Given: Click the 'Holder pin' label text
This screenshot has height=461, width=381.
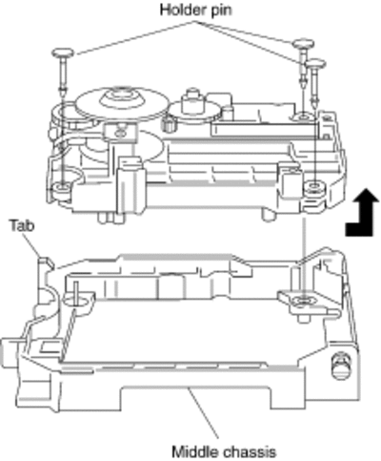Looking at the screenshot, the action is click(x=196, y=10).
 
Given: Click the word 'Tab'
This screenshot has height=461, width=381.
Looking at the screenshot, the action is click(x=22, y=225).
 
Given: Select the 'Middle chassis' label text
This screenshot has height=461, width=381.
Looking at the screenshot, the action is click(x=224, y=451).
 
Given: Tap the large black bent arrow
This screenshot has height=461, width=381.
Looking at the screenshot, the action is click(x=363, y=213).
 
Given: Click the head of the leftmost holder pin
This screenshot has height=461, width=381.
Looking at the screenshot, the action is click(x=63, y=52).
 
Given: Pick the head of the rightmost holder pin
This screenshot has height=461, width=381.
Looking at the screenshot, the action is click(x=315, y=63).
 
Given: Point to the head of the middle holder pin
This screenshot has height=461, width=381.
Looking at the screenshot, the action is click(x=303, y=43).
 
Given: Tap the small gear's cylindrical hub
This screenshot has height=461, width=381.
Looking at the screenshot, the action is click(x=192, y=100).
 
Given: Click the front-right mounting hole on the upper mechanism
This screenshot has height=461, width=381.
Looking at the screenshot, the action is click(x=314, y=185).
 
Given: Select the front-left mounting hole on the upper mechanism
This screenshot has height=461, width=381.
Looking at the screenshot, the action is click(x=62, y=186).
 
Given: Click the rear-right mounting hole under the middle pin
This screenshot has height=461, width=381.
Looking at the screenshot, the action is click(x=303, y=116).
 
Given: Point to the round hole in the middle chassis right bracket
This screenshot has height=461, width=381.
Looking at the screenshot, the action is click(x=303, y=301).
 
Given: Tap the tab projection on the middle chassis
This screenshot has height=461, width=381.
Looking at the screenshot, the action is click(x=45, y=263).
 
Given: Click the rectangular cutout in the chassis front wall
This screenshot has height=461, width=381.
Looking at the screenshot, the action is click(x=195, y=397).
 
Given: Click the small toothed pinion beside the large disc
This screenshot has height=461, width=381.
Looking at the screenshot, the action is click(x=168, y=123).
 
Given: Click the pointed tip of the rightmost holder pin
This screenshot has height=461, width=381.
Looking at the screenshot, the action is click(x=315, y=105).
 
